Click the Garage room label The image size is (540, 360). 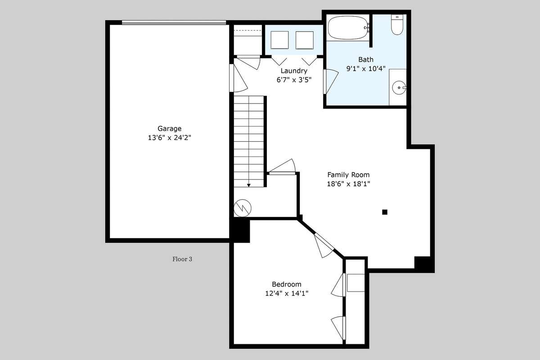point(170,129)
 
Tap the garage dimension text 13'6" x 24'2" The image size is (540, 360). point(170,138)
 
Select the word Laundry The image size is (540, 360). point(294,71)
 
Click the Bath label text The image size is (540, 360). point(366,59)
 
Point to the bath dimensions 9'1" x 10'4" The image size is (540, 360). point(366,69)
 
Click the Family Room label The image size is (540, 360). point(348,175)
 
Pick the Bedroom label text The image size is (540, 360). point(287,284)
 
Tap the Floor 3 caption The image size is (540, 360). point(182,259)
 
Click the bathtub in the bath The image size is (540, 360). point(348,27)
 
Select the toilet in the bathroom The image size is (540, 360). point(397,24)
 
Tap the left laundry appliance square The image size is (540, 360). point(279,40)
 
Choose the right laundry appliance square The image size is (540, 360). point(305,40)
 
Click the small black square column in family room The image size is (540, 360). point(385,212)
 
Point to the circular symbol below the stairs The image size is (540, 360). point(243,208)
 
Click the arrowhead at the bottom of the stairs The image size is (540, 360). point(249,185)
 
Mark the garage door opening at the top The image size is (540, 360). point(174,22)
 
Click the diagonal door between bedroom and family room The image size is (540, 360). point(324,245)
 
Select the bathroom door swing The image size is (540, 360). point(331,81)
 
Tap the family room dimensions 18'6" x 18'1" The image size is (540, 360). point(348,184)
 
